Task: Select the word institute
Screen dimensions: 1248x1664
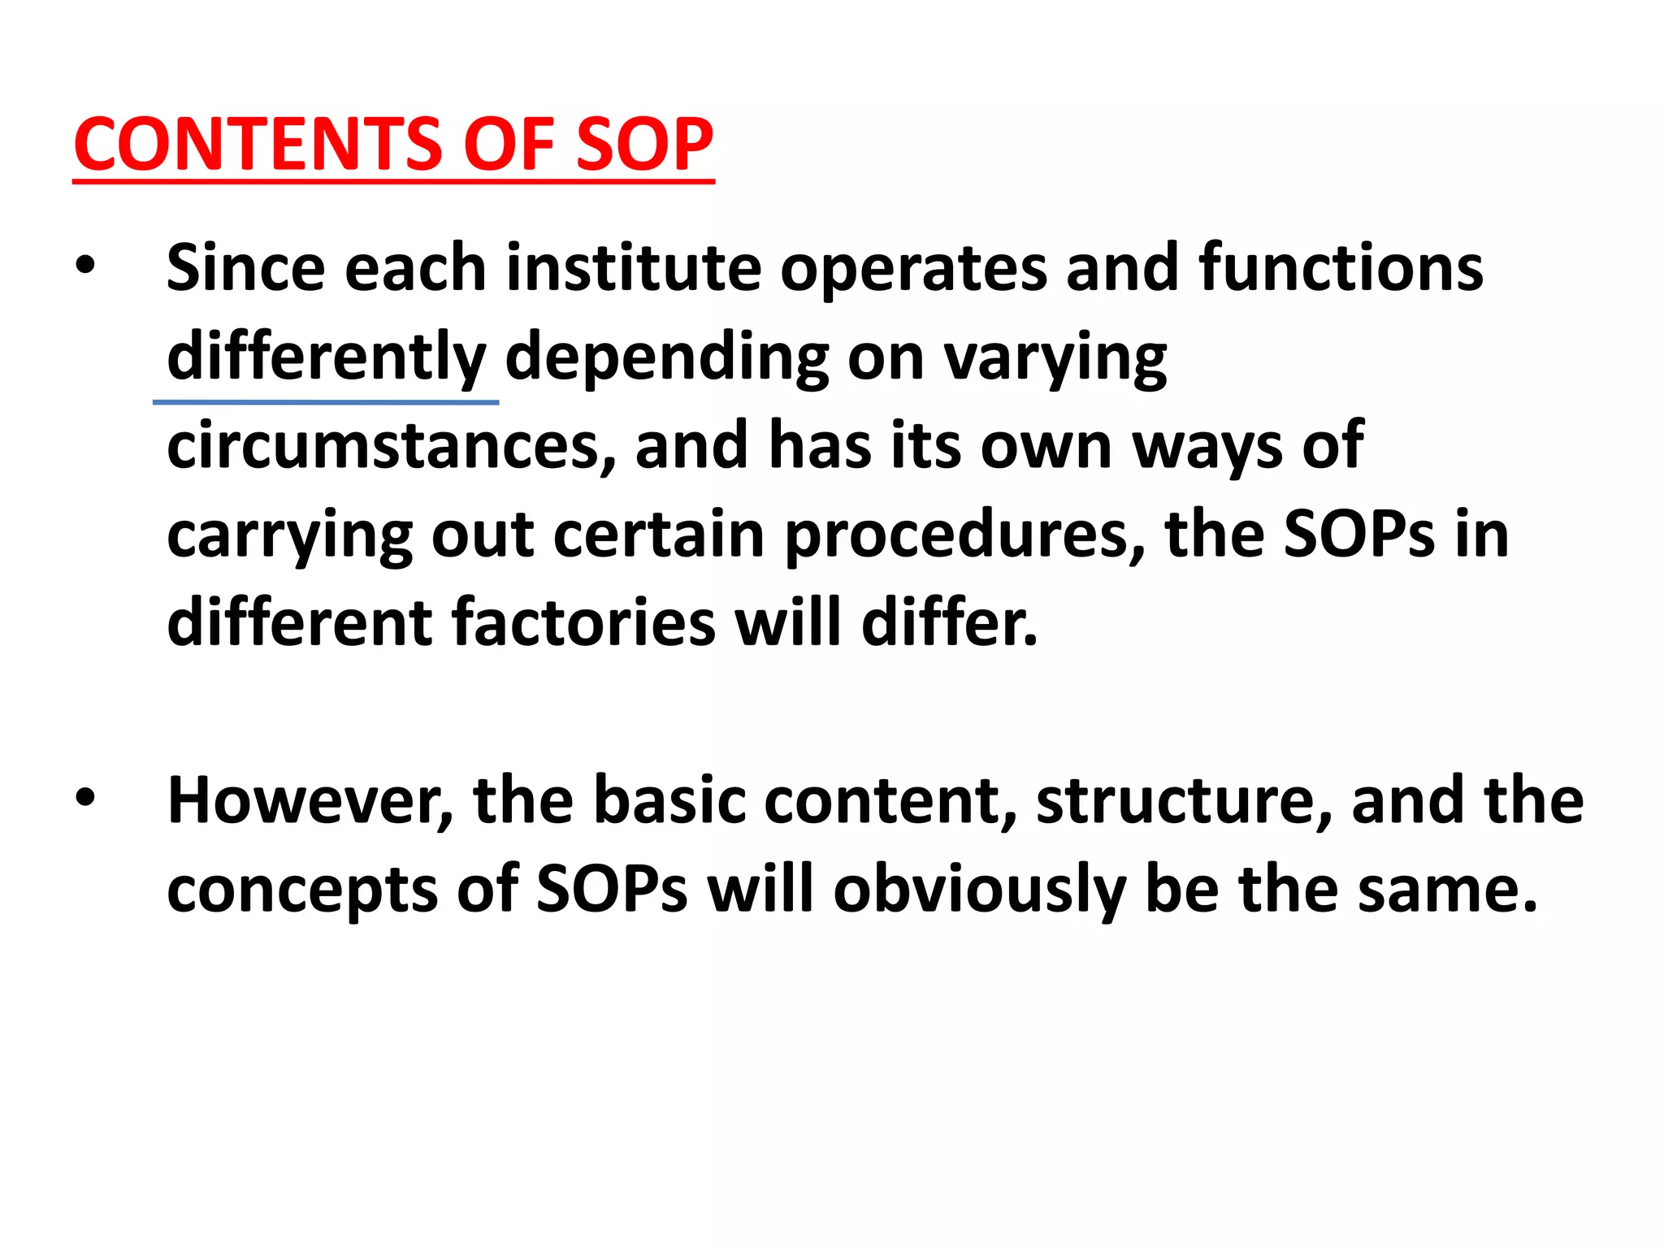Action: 634,268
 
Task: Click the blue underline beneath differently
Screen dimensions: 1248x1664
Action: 325,402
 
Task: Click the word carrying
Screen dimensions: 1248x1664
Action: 289,536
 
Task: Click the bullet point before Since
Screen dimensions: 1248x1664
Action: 84,266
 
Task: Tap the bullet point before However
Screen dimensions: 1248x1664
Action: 84,798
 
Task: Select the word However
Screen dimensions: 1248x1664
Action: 310,801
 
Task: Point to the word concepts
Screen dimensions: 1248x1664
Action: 301,890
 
